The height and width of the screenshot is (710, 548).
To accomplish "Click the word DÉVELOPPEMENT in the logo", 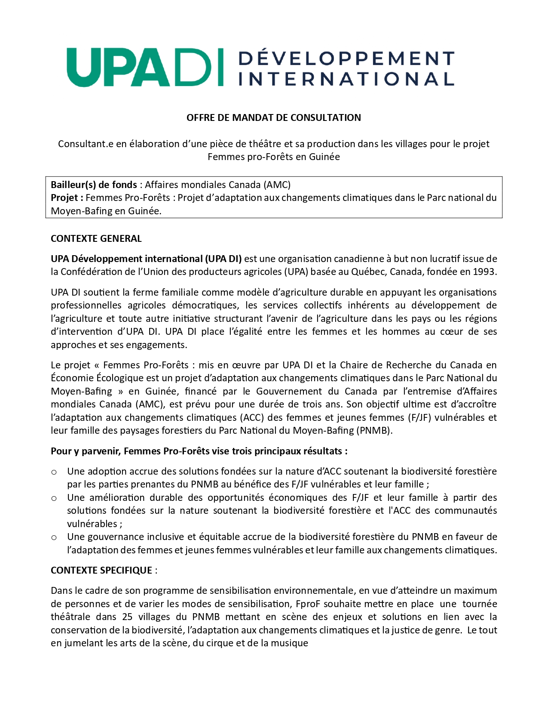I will pyautogui.click(x=346, y=58).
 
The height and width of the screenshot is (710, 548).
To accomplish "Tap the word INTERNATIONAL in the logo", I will pyautogui.click(x=346, y=79).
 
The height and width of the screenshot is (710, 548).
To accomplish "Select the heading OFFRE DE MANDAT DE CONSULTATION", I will pyautogui.click(x=273, y=117).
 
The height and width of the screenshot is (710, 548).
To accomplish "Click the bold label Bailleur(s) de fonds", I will pyautogui.click(x=94, y=185).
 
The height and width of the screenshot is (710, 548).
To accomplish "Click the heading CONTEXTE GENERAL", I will pyautogui.click(x=96, y=238).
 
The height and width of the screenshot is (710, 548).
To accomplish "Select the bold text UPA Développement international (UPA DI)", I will pyautogui.click(x=146, y=259).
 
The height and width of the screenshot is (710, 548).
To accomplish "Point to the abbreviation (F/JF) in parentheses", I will pyautogui.click(x=418, y=417).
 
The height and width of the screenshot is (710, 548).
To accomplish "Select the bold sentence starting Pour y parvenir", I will pyautogui.click(x=199, y=451).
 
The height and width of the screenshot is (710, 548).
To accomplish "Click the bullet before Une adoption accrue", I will pyautogui.click(x=54, y=472).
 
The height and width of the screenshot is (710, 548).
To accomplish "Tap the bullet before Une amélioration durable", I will pyautogui.click(x=54, y=498).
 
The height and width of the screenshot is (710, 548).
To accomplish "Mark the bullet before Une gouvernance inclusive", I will pyautogui.click(x=54, y=537).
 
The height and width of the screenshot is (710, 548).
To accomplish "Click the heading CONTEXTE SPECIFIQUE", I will pyautogui.click(x=101, y=570).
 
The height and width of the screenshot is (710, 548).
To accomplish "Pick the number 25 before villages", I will pyautogui.click(x=127, y=617).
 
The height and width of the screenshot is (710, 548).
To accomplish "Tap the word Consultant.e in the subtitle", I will pyautogui.click(x=86, y=144).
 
